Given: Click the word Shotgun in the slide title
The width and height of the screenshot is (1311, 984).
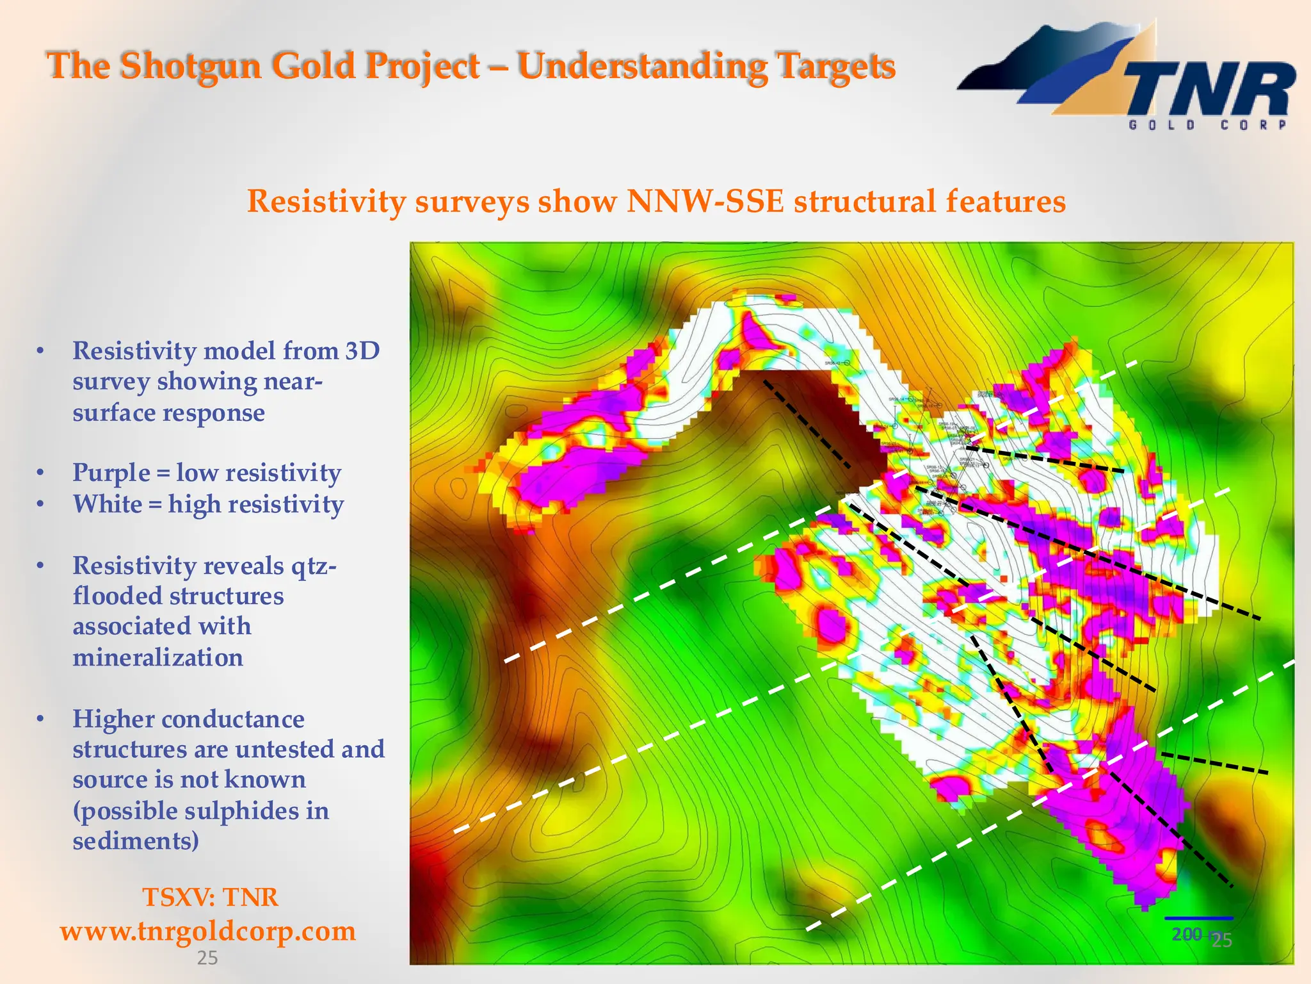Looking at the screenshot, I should click(x=191, y=66).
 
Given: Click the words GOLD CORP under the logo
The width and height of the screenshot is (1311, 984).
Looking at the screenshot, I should click(x=1207, y=125).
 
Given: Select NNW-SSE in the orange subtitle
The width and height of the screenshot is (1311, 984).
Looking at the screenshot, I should click(x=705, y=201).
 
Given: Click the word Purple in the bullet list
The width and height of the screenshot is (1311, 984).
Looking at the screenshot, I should click(x=111, y=473).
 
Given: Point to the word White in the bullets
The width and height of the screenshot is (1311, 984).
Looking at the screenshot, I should click(x=107, y=504).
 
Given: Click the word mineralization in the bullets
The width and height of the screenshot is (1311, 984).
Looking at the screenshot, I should click(x=157, y=657).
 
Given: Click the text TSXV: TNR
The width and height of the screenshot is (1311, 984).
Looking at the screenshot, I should click(x=210, y=897).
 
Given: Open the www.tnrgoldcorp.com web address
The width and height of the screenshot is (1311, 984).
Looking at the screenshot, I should click(x=208, y=931).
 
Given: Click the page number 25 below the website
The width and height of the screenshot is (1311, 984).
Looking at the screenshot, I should click(x=207, y=958).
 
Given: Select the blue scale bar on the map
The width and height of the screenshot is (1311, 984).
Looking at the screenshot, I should click(x=1198, y=919).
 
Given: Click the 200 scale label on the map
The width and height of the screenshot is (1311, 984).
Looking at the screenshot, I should click(x=1186, y=934).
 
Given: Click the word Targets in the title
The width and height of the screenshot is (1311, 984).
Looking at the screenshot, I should click(x=835, y=66).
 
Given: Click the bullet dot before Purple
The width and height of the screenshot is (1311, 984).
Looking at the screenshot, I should click(x=40, y=473).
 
